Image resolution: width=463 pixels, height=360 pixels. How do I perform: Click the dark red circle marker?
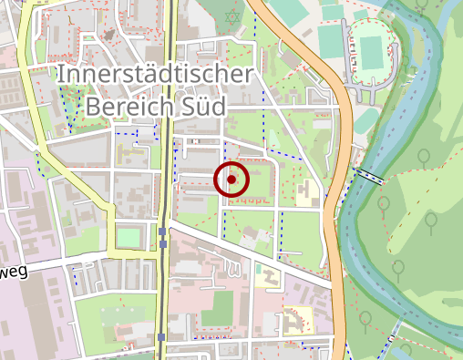click(231, 180)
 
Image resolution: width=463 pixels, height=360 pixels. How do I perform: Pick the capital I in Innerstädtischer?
click(61, 74)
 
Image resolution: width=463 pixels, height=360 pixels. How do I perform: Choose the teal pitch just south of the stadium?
click(365, 119)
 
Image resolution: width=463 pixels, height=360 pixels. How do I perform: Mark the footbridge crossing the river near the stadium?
click(368, 174)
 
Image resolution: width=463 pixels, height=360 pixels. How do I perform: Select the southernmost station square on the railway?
click(161, 337)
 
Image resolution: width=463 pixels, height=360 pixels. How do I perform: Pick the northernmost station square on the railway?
click(161, 232)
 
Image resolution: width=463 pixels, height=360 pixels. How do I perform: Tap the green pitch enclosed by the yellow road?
click(129, 237)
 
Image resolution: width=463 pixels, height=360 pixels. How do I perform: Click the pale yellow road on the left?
click(36, 109)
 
